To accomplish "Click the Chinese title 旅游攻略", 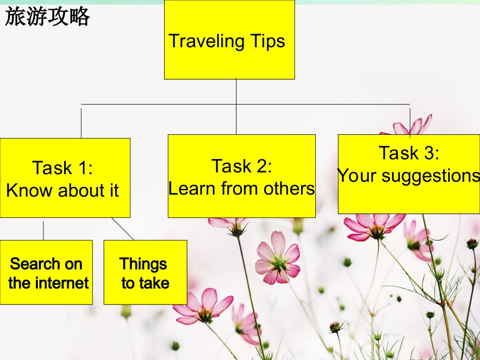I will pyautogui.click(x=47, y=17).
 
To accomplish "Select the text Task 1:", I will pyautogui.click(x=63, y=168).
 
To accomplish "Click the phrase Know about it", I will pyautogui.click(x=63, y=190).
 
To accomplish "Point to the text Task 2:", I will pyautogui.click(x=242, y=166).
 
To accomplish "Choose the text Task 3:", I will pyautogui.click(x=409, y=152).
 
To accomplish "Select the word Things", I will pyautogui.click(x=143, y=264).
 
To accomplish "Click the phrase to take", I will pyautogui.click(x=145, y=283).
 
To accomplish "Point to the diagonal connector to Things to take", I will pyautogui.click(x=123, y=229).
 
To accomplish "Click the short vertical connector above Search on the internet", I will pyautogui.click(x=43, y=230).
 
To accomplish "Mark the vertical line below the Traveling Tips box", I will pyautogui.click(x=236, y=106).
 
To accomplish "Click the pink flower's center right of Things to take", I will pyautogui.click(x=279, y=261).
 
